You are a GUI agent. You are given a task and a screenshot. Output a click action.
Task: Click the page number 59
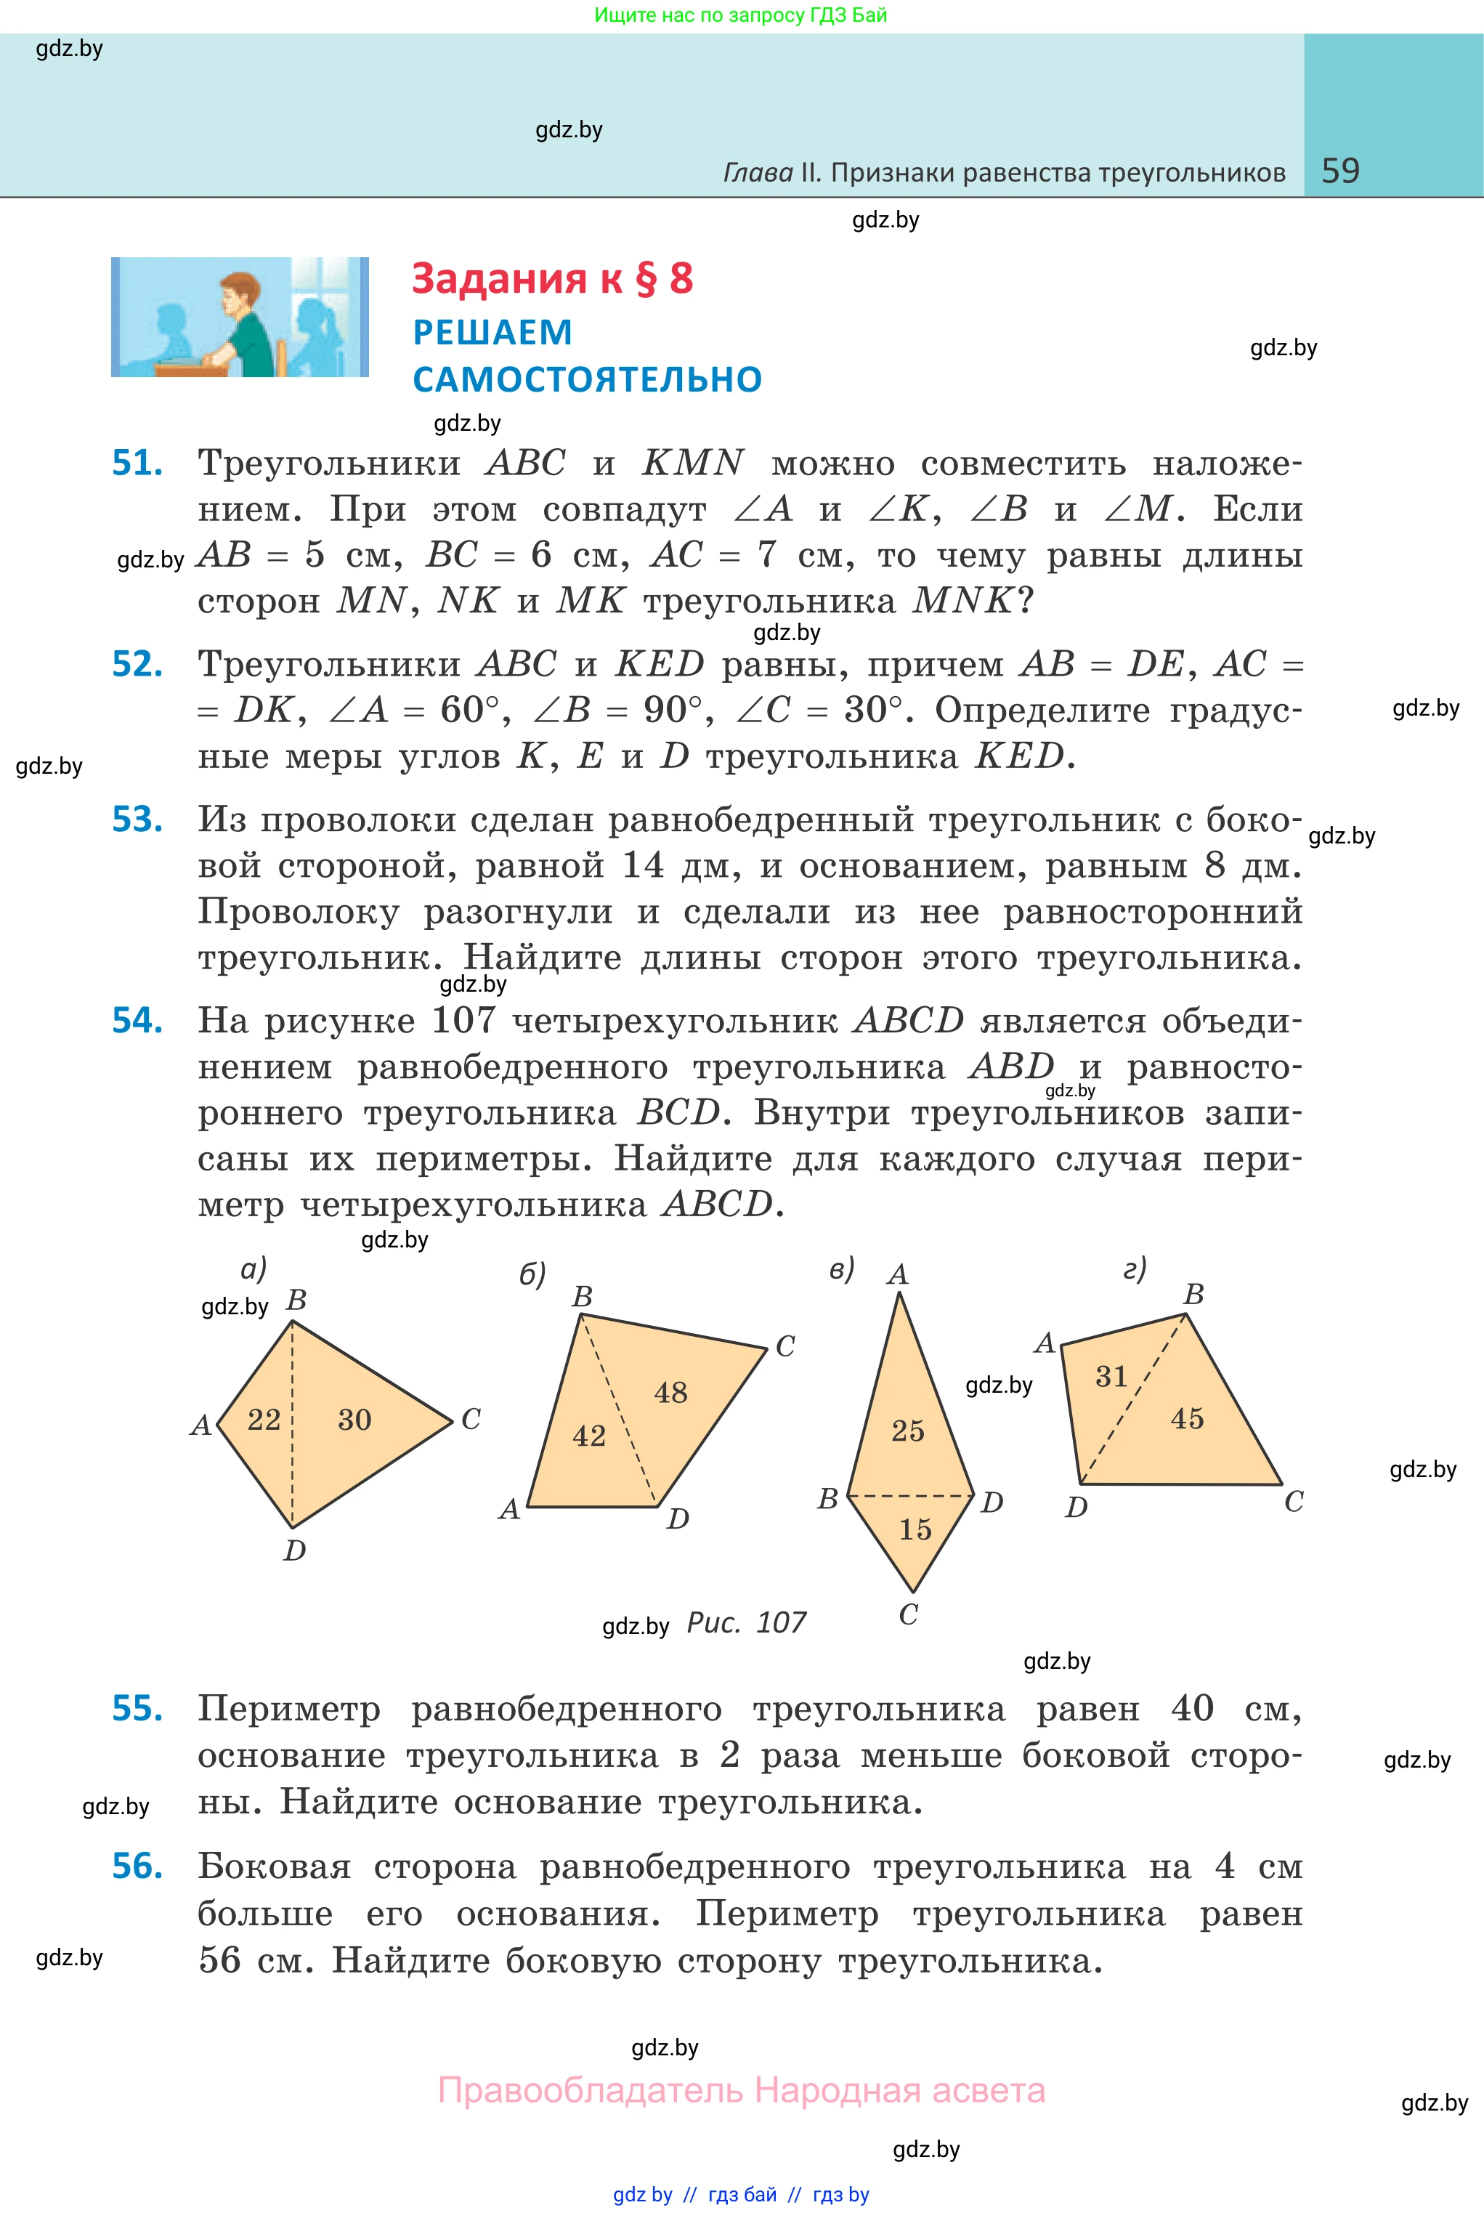click(x=1340, y=171)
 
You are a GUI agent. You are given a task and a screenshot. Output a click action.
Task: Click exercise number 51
click(x=137, y=462)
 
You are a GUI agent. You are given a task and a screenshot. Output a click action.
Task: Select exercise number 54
click(x=137, y=1019)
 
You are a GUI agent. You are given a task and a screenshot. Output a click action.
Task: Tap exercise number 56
click(x=137, y=1866)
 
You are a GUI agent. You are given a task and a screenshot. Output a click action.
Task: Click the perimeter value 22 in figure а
click(x=264, y=1420)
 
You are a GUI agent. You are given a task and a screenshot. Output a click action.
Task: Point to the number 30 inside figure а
click(x=355, y=1420)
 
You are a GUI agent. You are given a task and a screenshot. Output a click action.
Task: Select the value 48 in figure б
click(x=671, y=1392)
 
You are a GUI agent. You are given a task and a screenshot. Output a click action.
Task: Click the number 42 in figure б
click(x=588, y=1436)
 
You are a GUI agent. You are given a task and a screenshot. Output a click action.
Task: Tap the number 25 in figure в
click(x=908, y=1431)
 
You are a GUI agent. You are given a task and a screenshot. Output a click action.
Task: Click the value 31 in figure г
click(x=1112, y=1376)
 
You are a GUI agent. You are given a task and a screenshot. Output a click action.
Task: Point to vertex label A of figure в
click(x=897, y=1275)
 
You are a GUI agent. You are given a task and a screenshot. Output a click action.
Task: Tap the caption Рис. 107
click(x=746, y=1622)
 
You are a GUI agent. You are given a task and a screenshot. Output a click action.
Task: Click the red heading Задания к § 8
click(x=552, y=278)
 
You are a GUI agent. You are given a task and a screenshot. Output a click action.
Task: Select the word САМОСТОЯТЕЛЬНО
click(x=587, y=379)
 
